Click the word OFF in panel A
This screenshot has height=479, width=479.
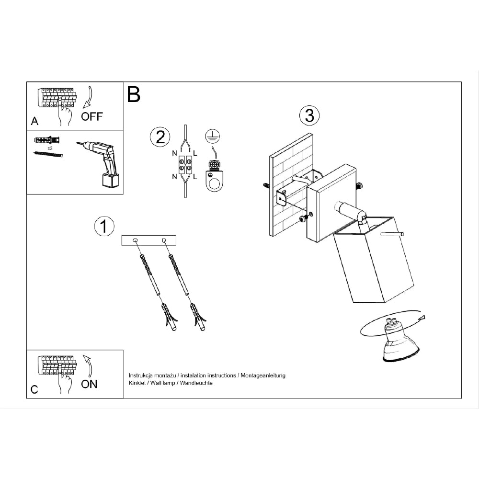[x=91, y=116]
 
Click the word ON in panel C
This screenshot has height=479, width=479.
[x=89, y=384]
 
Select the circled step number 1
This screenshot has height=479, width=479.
[x=104, y=227]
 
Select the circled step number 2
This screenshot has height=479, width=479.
[x=160, y=137]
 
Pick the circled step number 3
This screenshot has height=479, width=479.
[x=309, y=115]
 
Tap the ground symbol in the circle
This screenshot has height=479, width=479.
[x=213, y=136]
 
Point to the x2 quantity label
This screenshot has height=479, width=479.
[x=50, y=148]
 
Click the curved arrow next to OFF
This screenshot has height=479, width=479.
[x=88, y=97]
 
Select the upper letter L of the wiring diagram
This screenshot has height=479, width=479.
[x=195, y=153]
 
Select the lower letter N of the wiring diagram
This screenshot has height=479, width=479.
[x=174, y=177]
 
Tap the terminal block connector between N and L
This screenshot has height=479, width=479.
[x=185, y=165]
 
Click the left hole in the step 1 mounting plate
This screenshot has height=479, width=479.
[x=136, y=241]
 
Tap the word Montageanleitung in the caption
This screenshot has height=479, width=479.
[x=263, y=376]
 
